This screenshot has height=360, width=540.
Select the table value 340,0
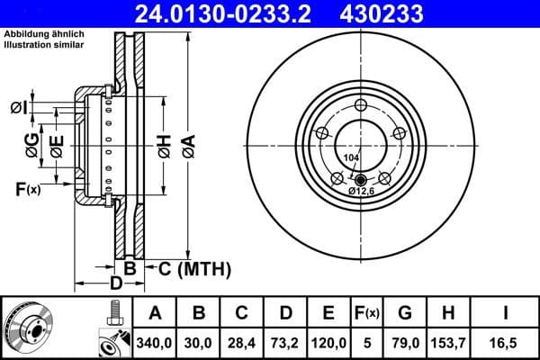pos(154,342)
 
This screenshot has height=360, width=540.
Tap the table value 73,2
pos(285,342)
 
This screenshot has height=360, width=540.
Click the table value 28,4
pos(241,342)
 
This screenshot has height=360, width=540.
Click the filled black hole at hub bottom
pos(361,178)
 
